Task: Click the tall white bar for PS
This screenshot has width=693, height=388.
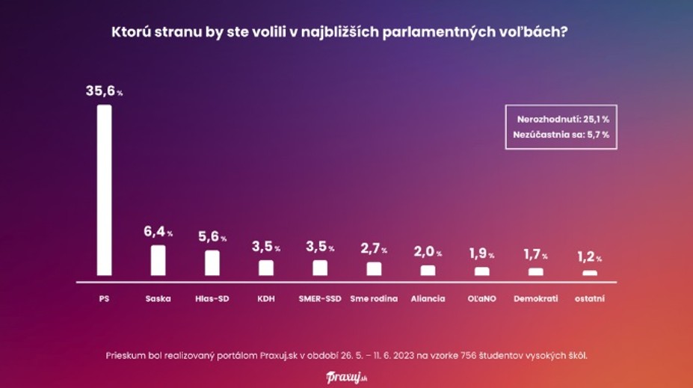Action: click(104, 191)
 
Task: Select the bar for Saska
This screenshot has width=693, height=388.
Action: click(158, 261)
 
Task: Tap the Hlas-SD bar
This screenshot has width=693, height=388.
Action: click(212, 263)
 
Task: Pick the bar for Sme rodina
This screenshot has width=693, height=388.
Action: click(374, 269)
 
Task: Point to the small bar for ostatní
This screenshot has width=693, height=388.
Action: click(590, 273)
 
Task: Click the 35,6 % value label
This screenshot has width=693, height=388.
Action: click(104, 91)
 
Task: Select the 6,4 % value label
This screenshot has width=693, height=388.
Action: click(158, 233)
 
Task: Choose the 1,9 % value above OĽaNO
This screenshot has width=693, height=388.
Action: click(481, 254)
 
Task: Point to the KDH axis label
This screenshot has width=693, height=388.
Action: click(266, 299)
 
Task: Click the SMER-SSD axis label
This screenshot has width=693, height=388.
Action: click(320, 299)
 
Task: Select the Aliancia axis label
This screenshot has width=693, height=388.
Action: click(428, 299)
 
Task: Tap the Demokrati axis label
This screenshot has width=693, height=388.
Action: click(535, 299)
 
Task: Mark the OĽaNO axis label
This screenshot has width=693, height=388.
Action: click(481, 299)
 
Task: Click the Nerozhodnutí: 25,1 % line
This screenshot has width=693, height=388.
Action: click(562, 120)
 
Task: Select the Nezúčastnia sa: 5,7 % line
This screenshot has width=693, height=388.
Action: click(561, 135)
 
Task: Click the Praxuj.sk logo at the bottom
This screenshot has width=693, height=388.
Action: click(347, 377)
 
